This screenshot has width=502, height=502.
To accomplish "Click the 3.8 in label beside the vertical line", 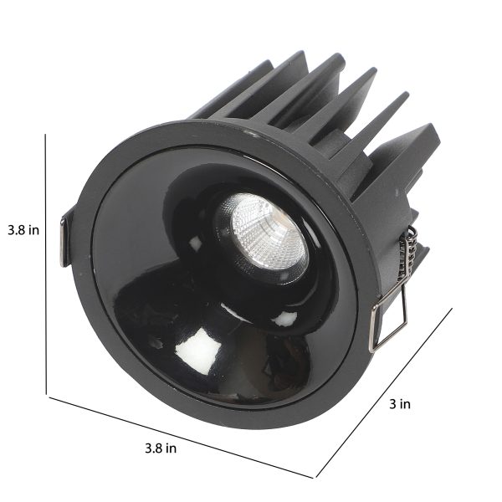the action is tap(23, 230).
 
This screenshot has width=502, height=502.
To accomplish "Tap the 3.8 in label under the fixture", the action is tap(161, 448).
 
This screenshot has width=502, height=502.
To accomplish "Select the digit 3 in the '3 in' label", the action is tap(393, 404).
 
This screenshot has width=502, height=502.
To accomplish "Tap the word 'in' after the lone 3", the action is tap(405, 404).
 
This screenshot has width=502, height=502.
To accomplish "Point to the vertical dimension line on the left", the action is tap(46, 264).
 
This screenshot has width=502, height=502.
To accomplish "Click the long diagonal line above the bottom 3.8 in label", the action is tap(181, 438).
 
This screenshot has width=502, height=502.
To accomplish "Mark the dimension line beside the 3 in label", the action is tap(384, 392).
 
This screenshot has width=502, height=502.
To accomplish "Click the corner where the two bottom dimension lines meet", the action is tap(315, 478).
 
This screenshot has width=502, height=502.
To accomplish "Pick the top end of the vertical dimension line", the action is tap(45, 134).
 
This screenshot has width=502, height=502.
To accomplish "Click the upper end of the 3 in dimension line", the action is tap(452, 308).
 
